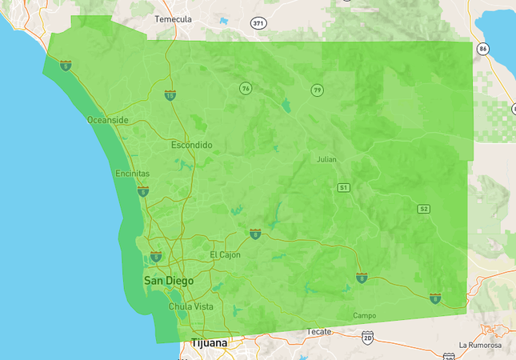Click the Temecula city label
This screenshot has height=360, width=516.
click(174, 18)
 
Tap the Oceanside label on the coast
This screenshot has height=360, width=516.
click(107, 120)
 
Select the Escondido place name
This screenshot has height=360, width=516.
click(192, 146)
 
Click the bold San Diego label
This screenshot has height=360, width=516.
click(167, 282)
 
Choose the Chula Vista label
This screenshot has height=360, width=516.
click(190, 306)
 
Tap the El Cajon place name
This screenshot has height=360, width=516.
click(225, 254)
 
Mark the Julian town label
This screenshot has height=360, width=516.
click(326, 159)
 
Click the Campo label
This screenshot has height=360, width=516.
click(364, 315)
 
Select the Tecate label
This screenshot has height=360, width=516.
click(320, 330)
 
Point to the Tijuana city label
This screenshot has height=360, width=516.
click(209, 343)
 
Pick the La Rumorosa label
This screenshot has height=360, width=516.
click(480, 346)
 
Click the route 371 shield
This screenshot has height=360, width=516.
click(258, 23)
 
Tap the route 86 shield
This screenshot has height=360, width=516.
click(482, 49)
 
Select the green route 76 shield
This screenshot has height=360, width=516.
click(246, 88)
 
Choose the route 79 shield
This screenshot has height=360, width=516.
click(318, 89)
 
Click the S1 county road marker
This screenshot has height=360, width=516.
click(343, 187)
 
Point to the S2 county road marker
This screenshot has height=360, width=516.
click(424, 209)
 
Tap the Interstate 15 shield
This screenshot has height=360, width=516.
click(170, 95)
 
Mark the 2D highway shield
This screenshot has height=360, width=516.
click(367, 338)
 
